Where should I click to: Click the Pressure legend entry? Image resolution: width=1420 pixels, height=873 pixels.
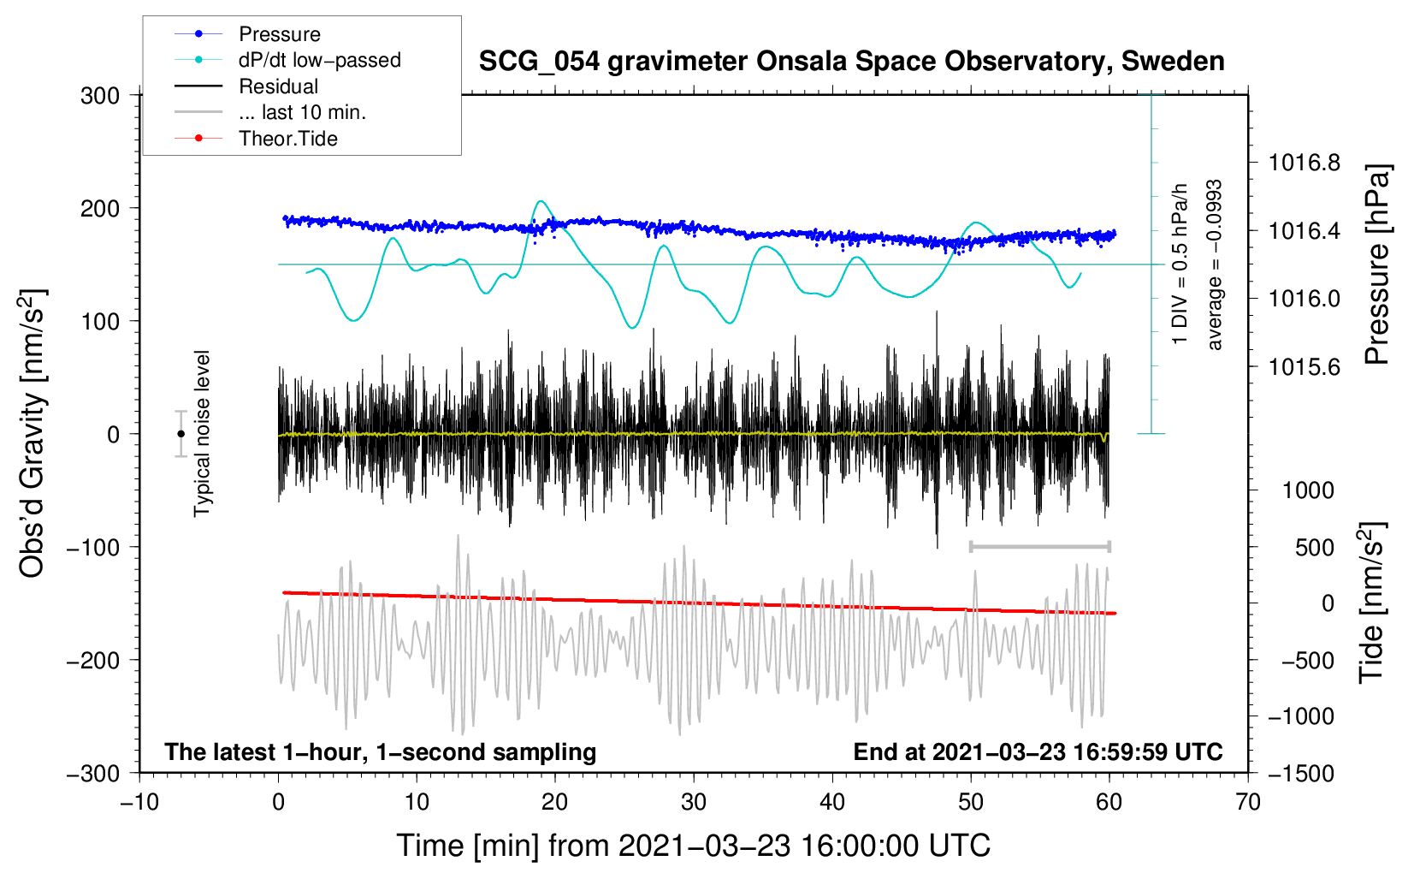click(x=279, y=34)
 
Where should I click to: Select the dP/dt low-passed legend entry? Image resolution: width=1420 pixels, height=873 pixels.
click(x=319, y=60)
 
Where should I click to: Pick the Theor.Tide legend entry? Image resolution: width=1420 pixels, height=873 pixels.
click(x=287, y=139)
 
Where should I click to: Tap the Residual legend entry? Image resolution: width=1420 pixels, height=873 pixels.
click(x=278, y=86)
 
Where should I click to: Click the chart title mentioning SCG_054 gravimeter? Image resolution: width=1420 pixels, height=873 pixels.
click(x=851, y=62)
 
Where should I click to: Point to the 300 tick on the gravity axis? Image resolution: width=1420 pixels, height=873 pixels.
click(x=100, y=96)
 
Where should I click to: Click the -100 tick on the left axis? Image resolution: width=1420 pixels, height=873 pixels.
click(x=93, y=548)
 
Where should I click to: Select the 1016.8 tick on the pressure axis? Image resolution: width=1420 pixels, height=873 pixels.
click(x=1305, y=163)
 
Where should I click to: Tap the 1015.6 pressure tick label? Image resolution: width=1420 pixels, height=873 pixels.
click(x=1305, y=367)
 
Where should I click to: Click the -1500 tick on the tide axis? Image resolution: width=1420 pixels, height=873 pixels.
click(x=1301, y=774)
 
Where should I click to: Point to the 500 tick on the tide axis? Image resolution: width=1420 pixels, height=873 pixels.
click(x=1314, y=548)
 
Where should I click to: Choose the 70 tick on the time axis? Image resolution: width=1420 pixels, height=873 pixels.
click(x=1248, y=803)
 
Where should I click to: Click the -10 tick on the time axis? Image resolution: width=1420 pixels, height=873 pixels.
click(x=139, y=803)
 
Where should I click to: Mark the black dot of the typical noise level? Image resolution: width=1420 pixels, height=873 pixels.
click(x=180, y=434)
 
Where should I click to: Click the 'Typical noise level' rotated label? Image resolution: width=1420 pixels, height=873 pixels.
click(x=202, y=433)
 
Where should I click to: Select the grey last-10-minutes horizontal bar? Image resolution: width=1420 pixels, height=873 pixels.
click(x=1040, y=546)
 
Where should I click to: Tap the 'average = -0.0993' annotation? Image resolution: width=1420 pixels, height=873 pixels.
click(x=1215, y=265)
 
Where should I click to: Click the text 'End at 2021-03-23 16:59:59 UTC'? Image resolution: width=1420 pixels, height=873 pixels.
click(x=1038, y=752)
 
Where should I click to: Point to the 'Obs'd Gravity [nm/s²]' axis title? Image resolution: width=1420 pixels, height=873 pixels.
click(x=33, y=433)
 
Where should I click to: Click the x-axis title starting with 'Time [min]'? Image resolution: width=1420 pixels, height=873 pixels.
click(x=694, y=846)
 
